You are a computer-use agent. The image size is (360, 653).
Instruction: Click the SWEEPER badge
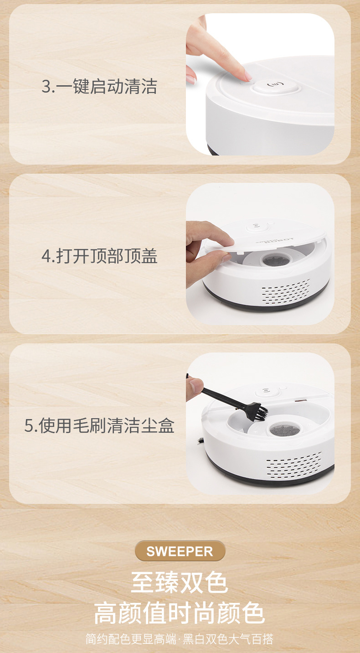pos(180,551)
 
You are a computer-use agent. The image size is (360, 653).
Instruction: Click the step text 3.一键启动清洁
pos(99,87)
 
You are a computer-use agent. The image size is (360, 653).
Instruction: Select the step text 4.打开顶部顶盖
pos(99,256)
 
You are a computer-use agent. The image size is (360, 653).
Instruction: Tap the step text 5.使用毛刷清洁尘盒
pos(99,426)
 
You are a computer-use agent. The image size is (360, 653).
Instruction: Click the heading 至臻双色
pos(180,583)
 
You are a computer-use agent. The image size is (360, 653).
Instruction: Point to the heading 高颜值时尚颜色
pos(180,613)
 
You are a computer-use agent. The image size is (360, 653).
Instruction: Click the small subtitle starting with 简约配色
pos(180,639)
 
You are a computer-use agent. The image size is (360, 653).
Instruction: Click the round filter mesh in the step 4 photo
pos(274,261)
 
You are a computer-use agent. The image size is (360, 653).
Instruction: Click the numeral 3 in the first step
pos(46,87)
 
